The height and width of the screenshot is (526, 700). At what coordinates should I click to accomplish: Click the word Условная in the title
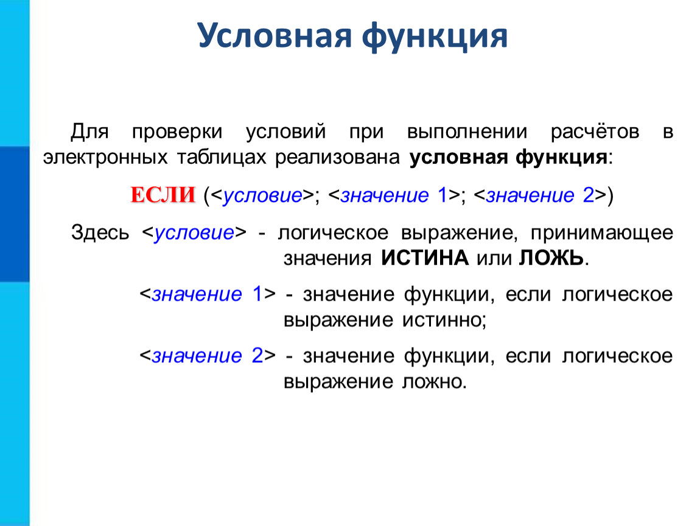click(275, 36)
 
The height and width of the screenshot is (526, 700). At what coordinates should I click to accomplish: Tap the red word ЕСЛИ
click(163, 195)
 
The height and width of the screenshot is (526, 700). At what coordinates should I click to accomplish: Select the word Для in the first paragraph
click(89, 132)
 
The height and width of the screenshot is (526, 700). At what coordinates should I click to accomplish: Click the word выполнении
click(467, 132)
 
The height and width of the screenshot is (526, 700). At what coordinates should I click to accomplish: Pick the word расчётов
click(595, 131)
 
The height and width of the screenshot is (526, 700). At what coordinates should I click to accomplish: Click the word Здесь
click(100, 233)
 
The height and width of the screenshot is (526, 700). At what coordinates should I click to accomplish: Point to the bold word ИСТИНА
click(424, 258)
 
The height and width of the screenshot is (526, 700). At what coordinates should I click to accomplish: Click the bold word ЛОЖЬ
click(551, 258)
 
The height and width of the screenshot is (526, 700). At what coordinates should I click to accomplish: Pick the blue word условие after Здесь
click(194, 233)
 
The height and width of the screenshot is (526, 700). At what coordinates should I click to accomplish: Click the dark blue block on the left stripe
click(15, 214)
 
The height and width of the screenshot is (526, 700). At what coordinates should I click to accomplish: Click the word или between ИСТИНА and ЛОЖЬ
click(493, 259)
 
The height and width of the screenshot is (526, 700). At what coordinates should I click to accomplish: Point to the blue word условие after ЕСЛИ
click(262, 195)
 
